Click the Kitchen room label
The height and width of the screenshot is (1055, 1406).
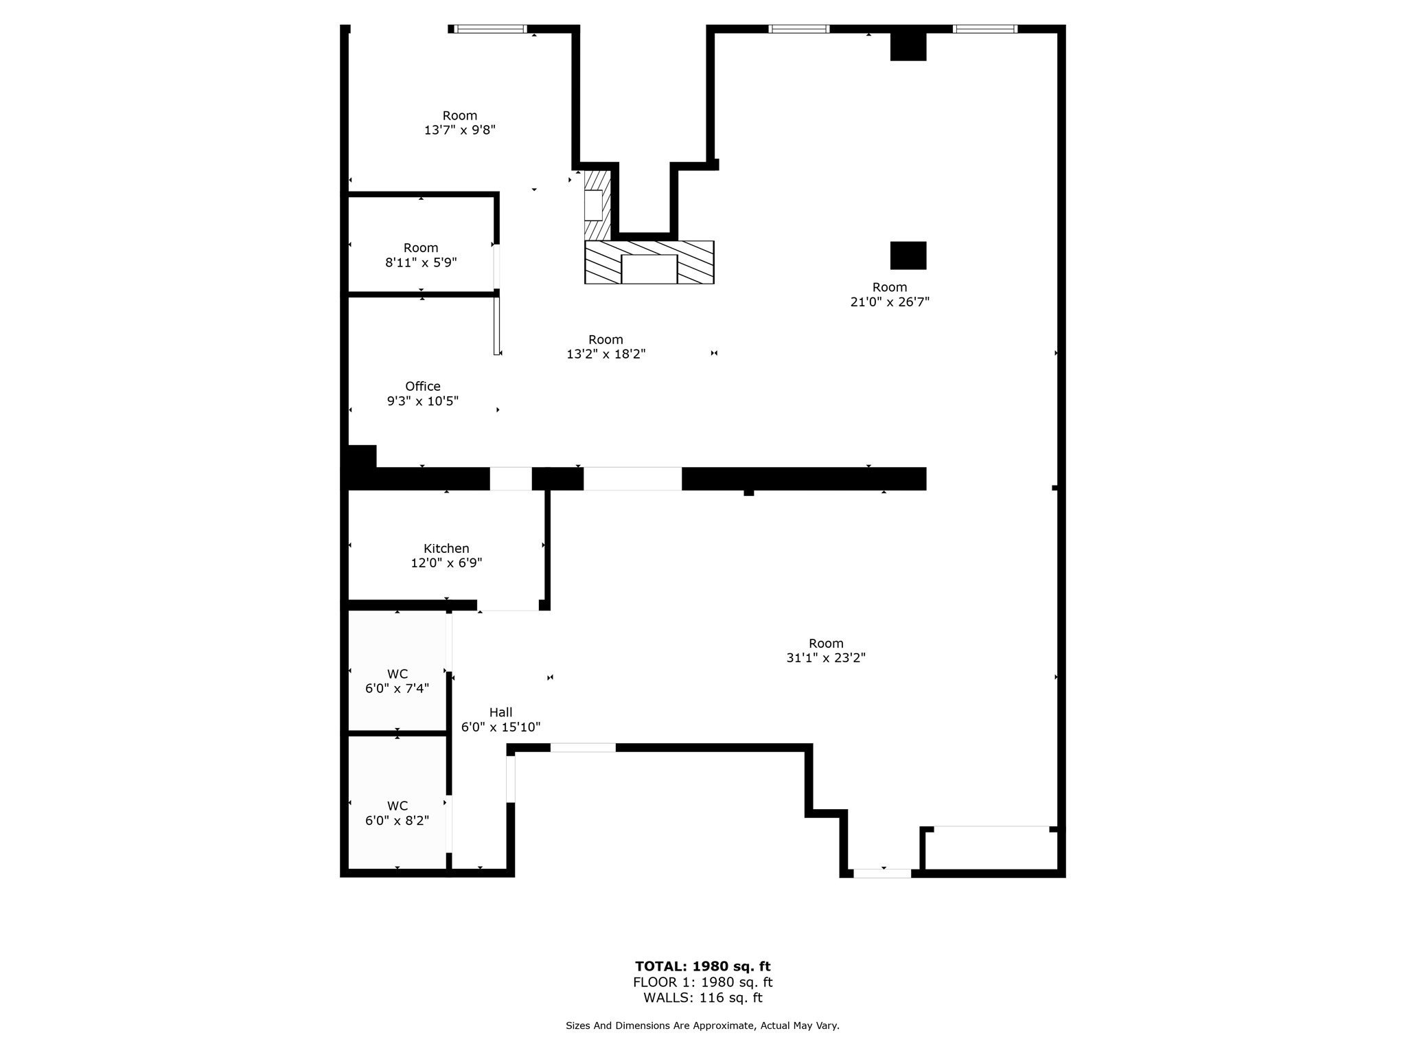(446, 548)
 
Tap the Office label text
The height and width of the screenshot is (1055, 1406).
(422, 386)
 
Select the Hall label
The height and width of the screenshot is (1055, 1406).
(500, 712)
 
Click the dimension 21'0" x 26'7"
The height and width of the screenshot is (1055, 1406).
(890, 302)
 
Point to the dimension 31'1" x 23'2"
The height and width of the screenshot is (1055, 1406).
(825, 657)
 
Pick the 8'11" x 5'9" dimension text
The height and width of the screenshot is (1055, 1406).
(421, 262)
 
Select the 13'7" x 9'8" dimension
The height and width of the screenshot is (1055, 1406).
(459, 130)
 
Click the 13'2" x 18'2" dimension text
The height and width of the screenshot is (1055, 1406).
(606, 354)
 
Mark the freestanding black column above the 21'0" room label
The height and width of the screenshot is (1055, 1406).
(908, 256)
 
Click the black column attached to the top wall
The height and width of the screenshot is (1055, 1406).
(908, 46)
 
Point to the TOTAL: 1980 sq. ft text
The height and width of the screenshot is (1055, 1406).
(702, 966)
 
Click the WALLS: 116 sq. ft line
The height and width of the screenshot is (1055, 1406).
(702, 998)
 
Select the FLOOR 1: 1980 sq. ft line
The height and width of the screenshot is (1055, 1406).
(702, 982)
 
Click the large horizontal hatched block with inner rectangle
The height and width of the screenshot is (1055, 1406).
(649, 262)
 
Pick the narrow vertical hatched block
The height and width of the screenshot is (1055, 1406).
(597, 205)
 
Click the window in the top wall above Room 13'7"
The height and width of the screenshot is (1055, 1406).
(490, 29)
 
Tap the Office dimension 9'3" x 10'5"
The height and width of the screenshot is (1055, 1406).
(422, 401)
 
